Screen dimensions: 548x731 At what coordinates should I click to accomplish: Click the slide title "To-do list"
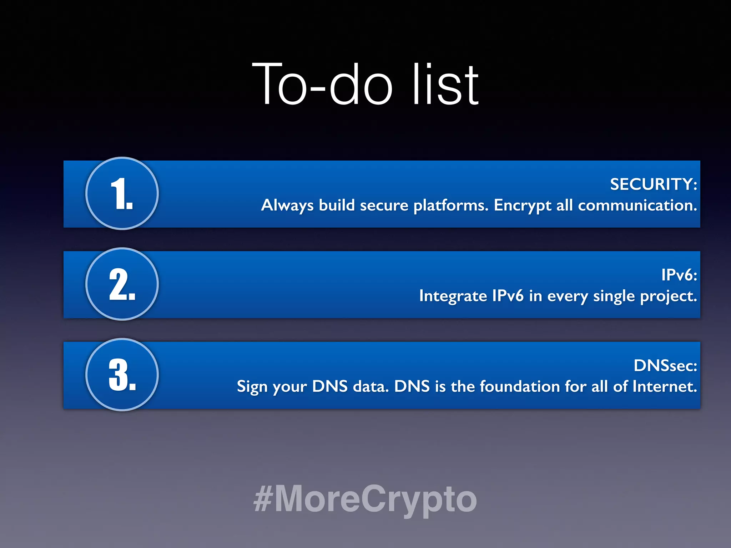click(365, 84)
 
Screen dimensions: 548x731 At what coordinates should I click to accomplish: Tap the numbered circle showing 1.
click(122, 193)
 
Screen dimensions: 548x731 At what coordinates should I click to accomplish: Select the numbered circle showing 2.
click(122, 284)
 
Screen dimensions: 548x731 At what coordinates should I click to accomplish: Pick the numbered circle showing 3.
click(122, 375)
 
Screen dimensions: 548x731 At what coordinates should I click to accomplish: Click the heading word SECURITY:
click(653, 184)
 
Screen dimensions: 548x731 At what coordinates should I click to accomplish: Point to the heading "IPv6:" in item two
click(679, 275)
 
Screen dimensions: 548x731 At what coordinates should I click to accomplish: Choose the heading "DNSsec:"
click(665, 366)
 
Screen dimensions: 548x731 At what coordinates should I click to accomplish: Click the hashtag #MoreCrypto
click(365, 499)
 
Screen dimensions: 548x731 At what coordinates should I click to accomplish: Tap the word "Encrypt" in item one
click(523, 206)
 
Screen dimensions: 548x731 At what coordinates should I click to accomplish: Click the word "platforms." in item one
click(451, 206)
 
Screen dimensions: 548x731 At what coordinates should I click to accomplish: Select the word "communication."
click(637, 205)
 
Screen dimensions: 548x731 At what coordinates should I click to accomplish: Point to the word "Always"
click(287, 206)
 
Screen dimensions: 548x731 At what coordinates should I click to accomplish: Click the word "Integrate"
click(453, 296)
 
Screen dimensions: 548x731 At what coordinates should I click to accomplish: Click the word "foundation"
click(519, 386)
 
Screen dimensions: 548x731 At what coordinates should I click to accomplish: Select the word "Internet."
click(665, 386)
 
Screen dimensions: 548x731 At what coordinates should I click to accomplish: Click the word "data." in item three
click(370, 386)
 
